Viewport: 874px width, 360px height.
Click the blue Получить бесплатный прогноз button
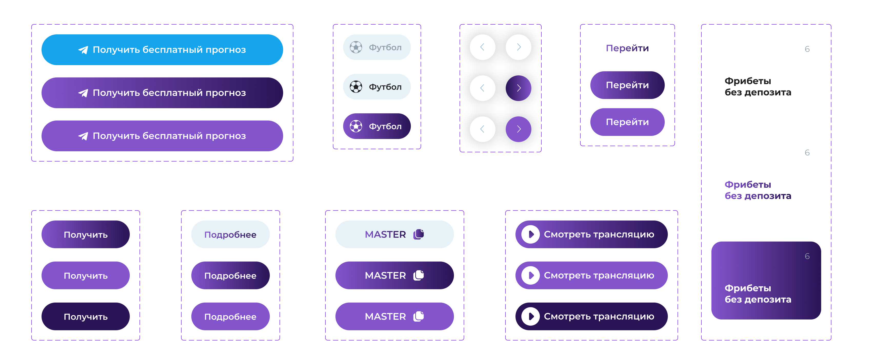(x=162, y=49)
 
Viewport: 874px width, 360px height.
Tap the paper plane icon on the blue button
(x=83, y=50)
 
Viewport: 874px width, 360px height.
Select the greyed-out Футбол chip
(x=377, y=47)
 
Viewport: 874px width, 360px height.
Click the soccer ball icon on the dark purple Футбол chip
(x=356, y=126)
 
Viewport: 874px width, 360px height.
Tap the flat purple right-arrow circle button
(x=519, y=129)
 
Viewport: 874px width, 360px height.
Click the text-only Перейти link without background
(x=627, y=48)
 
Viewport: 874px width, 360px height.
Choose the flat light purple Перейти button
(x=627, y=122)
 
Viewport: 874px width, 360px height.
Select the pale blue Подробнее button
(x=230, y=234)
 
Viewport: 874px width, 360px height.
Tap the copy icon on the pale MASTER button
(x=419, y=234)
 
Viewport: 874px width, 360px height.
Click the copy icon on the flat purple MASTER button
(x=419, y=316)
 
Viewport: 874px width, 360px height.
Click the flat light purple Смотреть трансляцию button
(x=591, y=275)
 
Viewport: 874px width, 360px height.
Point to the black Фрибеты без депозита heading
(x=758, y=86)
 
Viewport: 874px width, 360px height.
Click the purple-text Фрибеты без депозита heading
(x=758, y=190)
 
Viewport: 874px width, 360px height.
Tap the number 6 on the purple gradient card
(x=807, y=256)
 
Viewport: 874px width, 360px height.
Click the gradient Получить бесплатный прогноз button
(x=162, y=93)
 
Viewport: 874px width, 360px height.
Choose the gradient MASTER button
(x=395, y=275)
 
